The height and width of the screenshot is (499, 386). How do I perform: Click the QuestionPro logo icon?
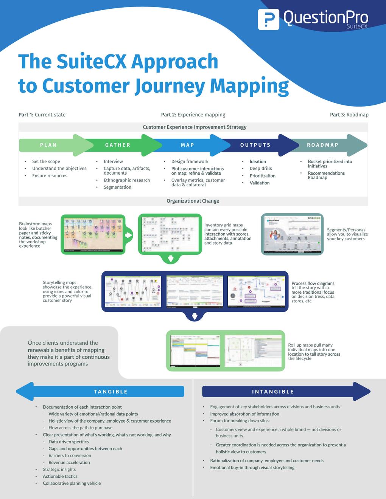click(x=268, y=19)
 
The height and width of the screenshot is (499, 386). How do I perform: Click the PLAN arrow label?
click(x=48, y=145)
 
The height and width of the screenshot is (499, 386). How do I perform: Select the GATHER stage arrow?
click(x=118, y=145)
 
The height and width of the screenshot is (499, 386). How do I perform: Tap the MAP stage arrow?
click(x=188, y=145)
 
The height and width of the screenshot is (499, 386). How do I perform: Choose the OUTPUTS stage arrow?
click(x=255, y=145)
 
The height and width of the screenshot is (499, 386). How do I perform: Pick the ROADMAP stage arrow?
click(x=323, y=145)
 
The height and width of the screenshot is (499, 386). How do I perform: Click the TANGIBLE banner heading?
click(x=111, y=392)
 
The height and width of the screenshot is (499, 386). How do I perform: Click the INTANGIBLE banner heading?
click(x=273, y=392)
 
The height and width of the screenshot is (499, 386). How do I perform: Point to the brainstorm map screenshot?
click(x=93, y=234)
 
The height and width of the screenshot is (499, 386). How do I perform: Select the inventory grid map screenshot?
click(x=170, y=234)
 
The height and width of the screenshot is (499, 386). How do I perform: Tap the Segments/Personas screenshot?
click(x=292, y=234)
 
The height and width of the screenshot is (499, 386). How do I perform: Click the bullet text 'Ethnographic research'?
click(x=127, y=180)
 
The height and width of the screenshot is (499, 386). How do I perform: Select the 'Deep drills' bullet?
click(x=261, y=169)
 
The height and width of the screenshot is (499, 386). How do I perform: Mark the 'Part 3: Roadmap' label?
click(x=349, y=115)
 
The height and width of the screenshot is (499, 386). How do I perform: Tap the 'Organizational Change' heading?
click(x=193, y=201)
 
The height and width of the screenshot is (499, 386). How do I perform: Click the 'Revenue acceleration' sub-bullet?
click(x=69, y=463)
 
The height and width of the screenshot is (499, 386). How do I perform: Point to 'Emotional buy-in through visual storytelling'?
click(x=252, y=468)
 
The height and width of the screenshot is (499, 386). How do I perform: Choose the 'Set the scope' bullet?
click(x=46, y=161)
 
